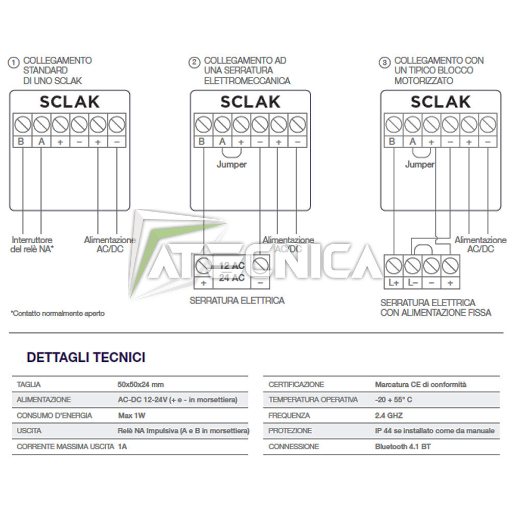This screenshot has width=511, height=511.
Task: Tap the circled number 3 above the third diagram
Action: point(384,63)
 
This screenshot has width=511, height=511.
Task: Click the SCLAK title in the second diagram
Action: point(250,102)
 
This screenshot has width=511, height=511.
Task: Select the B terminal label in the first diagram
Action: point(21,142)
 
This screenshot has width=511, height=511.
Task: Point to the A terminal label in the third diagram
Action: point(412,142)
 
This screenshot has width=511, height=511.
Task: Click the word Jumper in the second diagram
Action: point(231,165)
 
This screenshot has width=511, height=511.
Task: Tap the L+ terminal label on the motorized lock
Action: point(393,283)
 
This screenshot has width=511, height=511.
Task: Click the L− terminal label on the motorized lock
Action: point(412,283)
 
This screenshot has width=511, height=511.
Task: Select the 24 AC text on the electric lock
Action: point(231,278)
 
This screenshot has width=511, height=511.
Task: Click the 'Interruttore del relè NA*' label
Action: point(32,244)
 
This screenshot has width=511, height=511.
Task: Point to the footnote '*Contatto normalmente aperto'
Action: point(57,313)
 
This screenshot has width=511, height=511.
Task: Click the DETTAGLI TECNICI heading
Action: point(86,357)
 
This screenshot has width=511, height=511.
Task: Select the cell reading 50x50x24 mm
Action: point(141,384)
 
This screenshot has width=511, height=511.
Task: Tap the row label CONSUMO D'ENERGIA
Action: point(54,415)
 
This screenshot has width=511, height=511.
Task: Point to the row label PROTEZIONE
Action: point(290,431)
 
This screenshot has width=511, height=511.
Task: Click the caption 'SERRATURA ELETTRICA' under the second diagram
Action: point(237,300)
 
